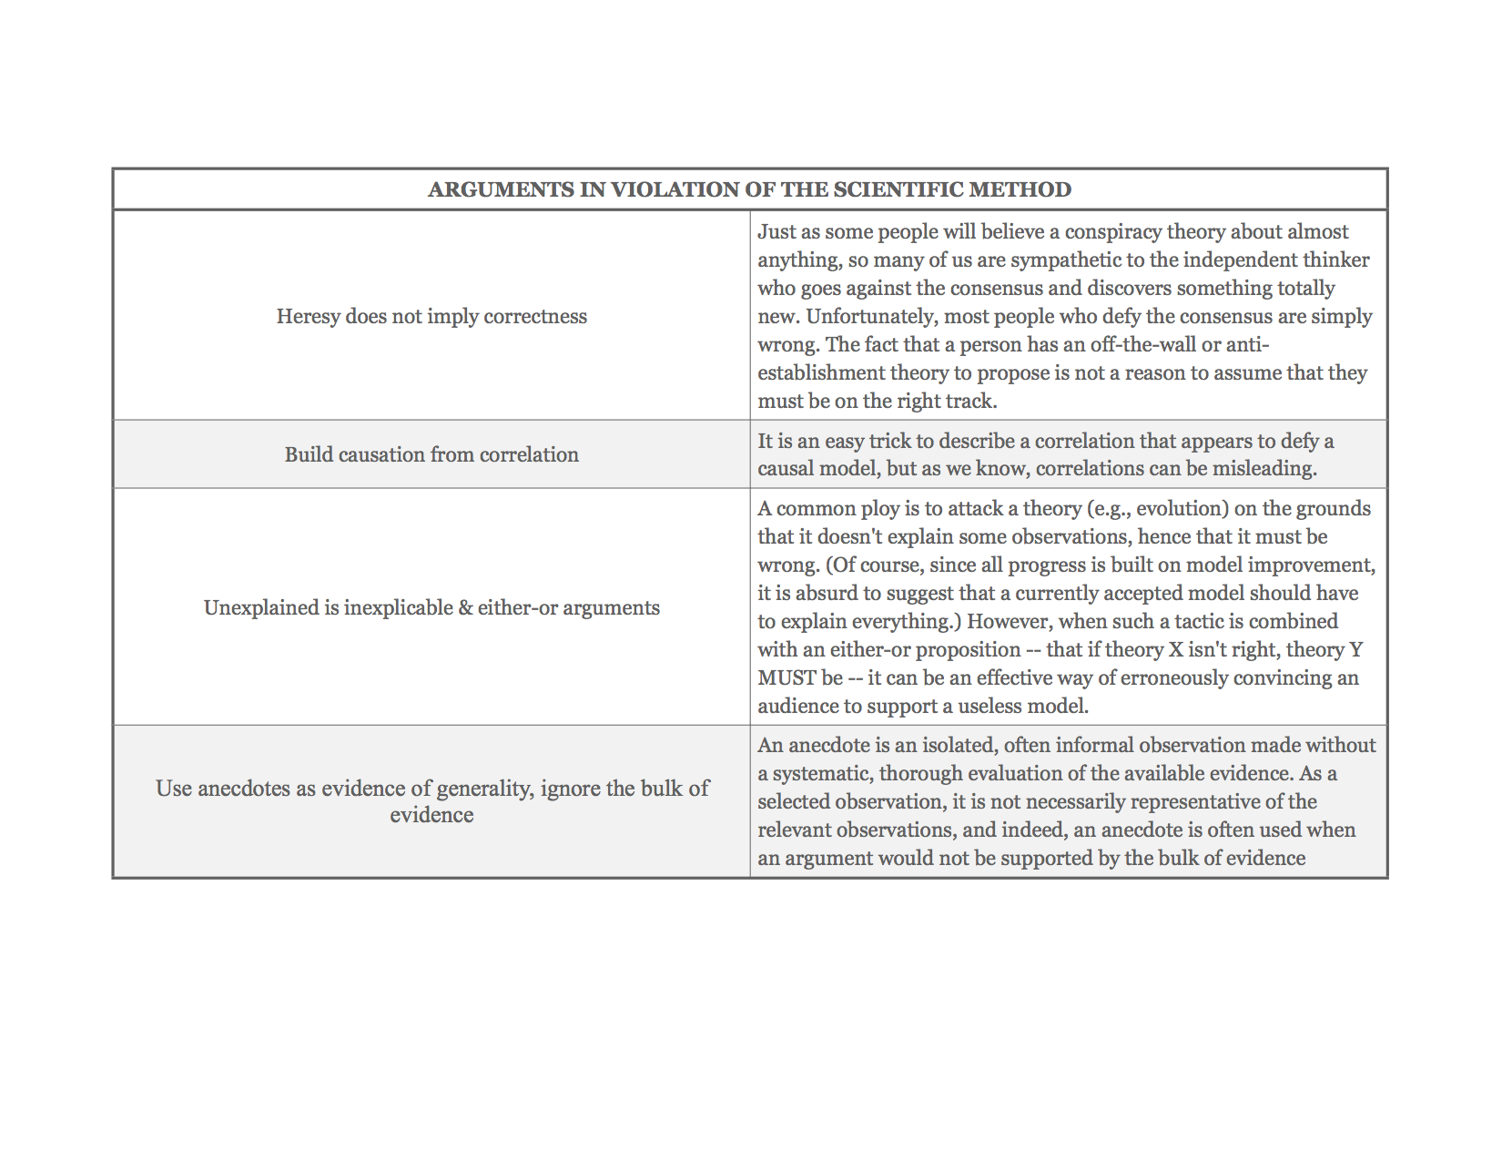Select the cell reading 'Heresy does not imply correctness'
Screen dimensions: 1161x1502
coord(431,316)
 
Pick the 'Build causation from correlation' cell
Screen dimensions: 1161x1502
coord(431,454)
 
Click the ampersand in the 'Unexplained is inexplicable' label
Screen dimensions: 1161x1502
coord(465,607)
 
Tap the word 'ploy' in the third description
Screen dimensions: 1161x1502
coord(879,508)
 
